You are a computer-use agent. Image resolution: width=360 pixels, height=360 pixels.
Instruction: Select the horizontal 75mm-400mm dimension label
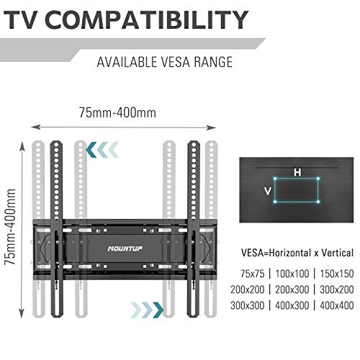(117, 112)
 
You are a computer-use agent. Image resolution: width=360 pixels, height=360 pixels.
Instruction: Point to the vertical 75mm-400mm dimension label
(10, 227)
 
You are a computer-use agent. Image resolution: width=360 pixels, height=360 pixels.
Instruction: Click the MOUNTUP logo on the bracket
(125, 248)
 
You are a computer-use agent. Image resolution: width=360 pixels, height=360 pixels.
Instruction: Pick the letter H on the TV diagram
(297, 172)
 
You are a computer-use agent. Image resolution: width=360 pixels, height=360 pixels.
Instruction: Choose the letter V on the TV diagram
(268, 192)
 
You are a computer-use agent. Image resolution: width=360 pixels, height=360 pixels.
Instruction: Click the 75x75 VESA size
(252, 274)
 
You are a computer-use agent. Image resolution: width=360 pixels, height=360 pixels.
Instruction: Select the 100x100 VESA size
(292, 274)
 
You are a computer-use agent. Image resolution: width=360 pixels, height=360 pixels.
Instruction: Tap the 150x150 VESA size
(337, 274)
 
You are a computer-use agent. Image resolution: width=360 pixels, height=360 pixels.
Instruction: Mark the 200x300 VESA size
(292, 289)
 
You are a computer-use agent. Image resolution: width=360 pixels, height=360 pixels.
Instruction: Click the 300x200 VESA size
(337, 289)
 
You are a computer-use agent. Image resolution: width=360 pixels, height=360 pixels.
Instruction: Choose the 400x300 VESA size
(292, 305)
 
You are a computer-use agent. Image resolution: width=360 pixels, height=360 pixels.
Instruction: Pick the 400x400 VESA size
(337, 305)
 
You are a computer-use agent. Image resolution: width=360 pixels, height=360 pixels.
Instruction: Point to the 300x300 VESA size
(248, 305)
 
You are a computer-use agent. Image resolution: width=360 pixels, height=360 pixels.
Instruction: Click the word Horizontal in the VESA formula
(290, 253)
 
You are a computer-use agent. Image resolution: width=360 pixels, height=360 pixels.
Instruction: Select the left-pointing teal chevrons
(102, 150)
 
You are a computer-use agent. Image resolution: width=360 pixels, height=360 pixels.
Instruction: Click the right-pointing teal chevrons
(148, 310)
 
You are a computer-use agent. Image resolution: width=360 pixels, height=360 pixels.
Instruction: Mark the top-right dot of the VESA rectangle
(318, 179)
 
